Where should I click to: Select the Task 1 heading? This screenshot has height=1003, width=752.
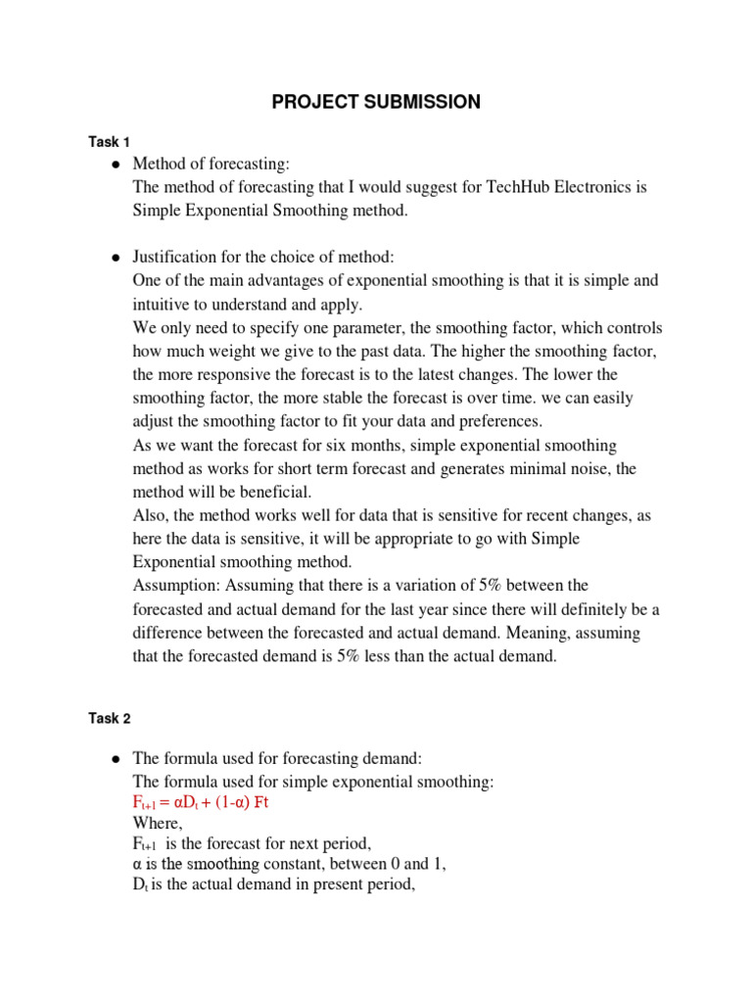click(x=109, y=142)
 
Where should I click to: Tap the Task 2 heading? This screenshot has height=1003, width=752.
click(x=109, y=718)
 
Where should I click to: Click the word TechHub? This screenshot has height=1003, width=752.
click(x=521, y=186)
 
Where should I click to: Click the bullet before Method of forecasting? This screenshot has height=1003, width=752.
click(x=116, y=164)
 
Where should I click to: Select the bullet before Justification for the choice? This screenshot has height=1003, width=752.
click(x=116, y=258)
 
